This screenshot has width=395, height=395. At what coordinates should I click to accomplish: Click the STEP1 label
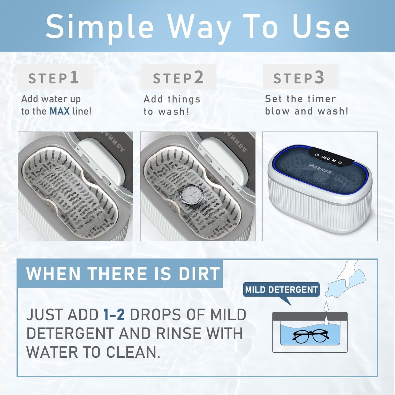tap(53, 78)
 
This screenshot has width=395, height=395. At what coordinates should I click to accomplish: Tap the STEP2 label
tap(178, 78)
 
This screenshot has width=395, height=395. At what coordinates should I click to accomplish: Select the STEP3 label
tap(299, 78)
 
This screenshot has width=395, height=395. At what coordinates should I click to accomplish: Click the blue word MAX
tap(60, 111)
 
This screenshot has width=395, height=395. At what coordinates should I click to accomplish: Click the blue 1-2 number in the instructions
tap(114, 314)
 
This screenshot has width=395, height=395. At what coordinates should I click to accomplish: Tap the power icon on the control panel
tap(340, 162)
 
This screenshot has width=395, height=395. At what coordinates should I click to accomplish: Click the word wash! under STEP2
tap(174, 111)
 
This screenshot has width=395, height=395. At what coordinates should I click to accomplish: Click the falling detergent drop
tap(326, 306)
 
